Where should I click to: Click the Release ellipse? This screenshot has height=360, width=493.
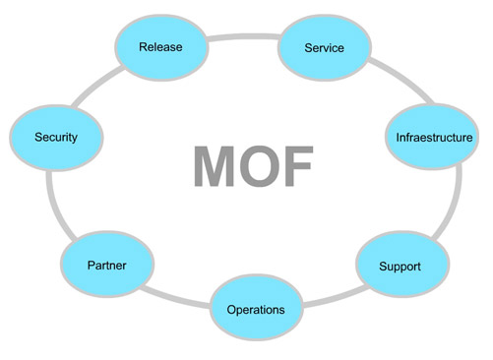pos(161,45)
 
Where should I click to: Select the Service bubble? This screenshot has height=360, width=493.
pos(324,47)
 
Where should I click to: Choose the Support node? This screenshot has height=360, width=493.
pos(401,266)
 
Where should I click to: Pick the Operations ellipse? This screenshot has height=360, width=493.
pos(255,309)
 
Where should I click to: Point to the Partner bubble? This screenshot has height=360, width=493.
pos(105,265)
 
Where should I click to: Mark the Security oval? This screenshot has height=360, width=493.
pos(55,136)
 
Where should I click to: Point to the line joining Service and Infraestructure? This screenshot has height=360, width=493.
pos(387,79)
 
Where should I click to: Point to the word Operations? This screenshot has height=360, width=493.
pos(255,310)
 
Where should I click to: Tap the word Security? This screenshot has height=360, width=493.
pos(55,137)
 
